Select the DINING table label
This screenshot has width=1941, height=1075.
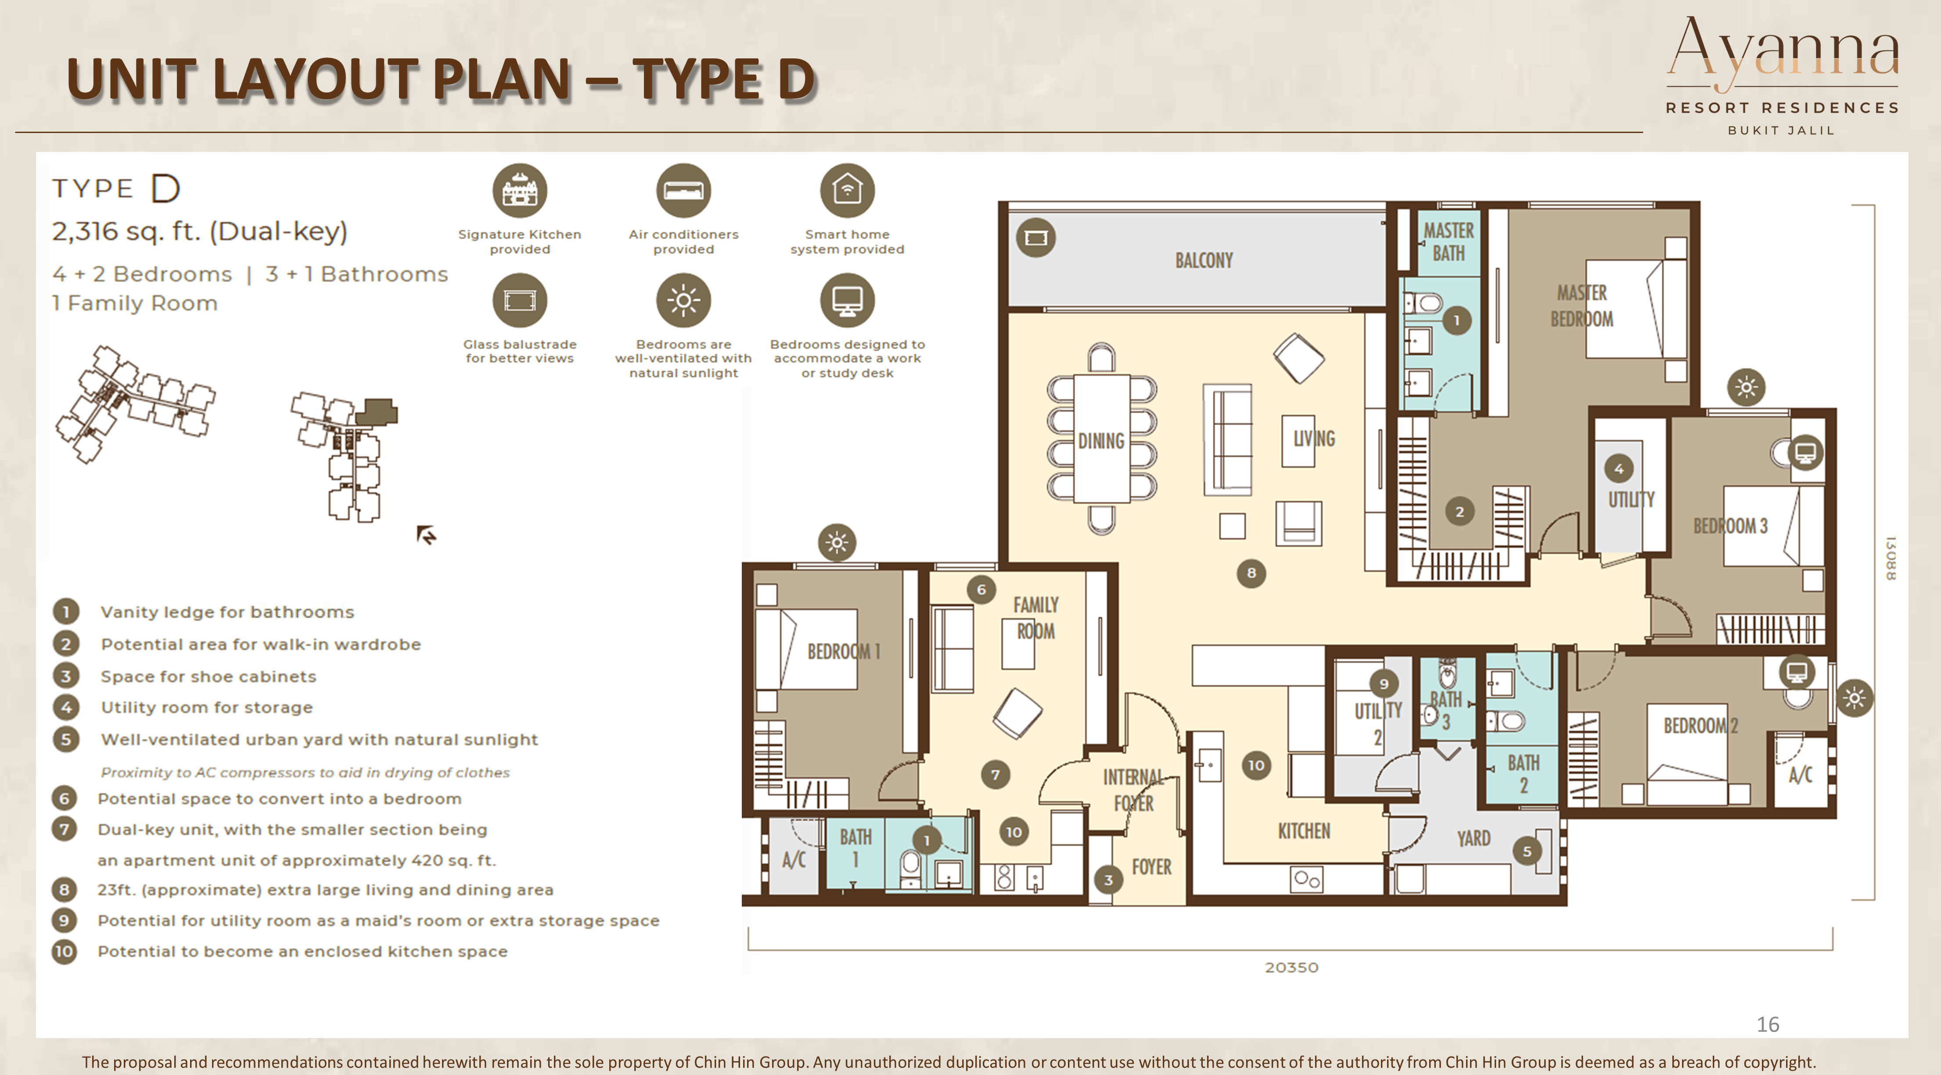(1101, 441)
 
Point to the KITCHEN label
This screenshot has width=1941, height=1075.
(1304, 831)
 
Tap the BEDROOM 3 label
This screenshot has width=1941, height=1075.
(1730, 526)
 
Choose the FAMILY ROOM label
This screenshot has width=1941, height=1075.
(1036, 618)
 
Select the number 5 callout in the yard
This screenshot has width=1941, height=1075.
(1527, 851)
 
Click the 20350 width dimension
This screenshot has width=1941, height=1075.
(1291, 967)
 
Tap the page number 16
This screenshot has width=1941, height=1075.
(1768, 1025)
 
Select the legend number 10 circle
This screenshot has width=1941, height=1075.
(64, 952)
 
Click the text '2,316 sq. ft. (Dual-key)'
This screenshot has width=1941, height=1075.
(200, 231)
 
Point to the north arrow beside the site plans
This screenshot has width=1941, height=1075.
(427, 534)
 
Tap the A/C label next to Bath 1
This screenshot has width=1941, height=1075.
(794, 859)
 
